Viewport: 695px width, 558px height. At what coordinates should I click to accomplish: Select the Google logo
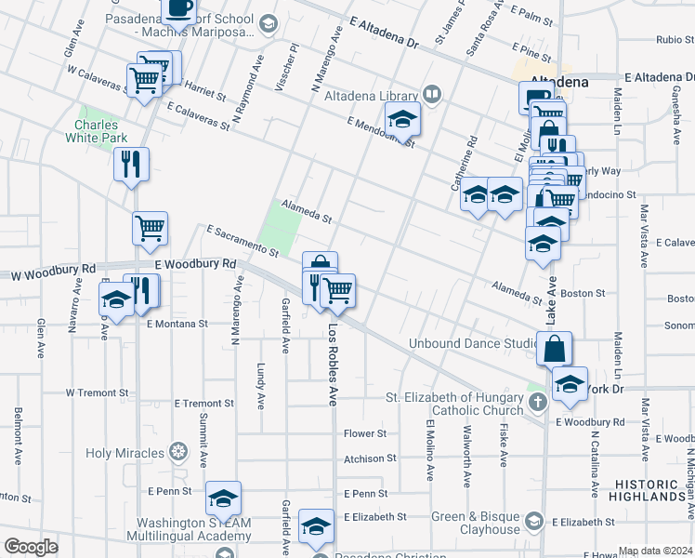pos(31,547)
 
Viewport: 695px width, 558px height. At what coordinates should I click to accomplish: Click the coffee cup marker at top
pos(179,9)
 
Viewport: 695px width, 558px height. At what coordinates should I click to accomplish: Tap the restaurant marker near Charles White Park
pos(131,164)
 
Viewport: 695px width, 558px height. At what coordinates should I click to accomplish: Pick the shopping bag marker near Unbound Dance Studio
pos(554,349)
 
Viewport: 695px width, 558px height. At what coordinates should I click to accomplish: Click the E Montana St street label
pos(177,324)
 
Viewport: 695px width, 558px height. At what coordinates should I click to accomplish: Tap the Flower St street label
pos(364,433)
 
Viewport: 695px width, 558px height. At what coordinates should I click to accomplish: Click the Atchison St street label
pos(370,458)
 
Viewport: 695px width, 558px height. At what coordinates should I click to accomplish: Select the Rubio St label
pos(675,40)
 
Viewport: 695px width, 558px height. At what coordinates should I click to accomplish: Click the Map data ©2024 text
pos(655,551)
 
